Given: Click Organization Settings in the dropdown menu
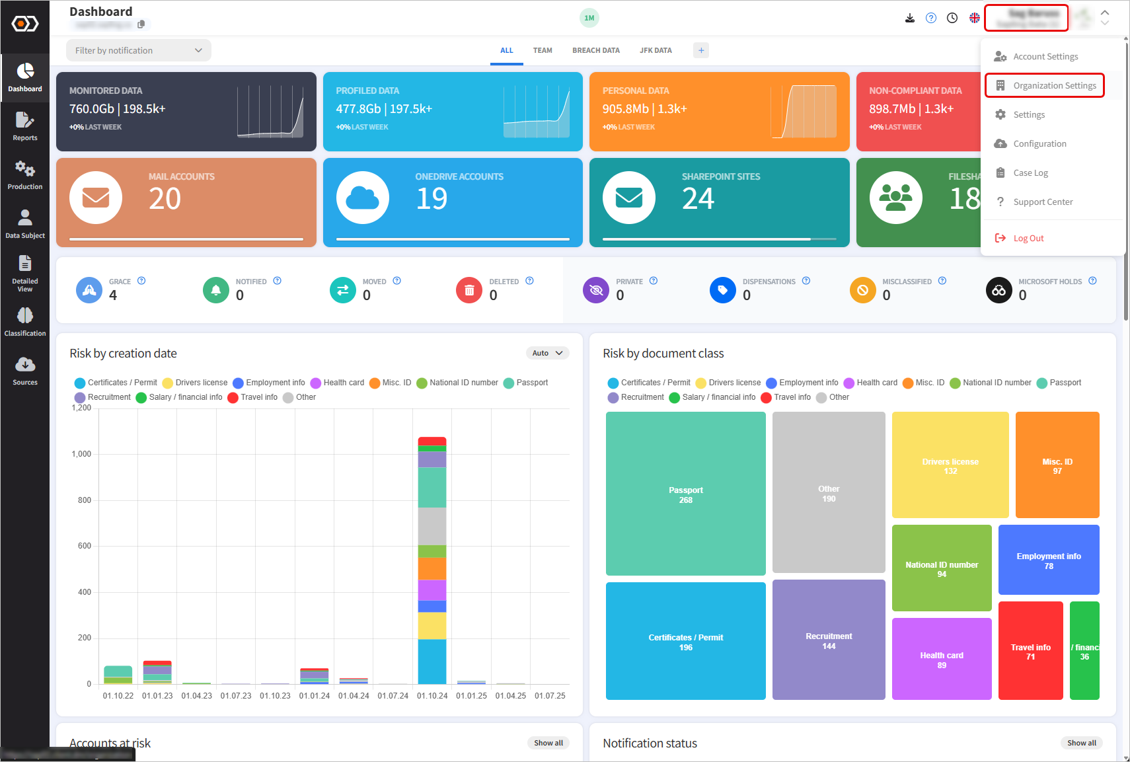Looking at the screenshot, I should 1054,86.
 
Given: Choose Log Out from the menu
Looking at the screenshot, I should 1028,239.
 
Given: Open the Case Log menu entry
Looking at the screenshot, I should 1030,173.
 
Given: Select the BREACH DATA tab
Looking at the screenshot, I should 595,50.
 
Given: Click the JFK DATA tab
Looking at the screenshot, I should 655,50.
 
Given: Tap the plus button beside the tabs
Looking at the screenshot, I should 700,50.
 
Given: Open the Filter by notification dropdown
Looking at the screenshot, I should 138,50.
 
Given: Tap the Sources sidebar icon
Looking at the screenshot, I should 25,371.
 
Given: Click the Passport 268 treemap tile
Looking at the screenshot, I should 685,494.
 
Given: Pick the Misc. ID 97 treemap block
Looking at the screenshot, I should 1057,465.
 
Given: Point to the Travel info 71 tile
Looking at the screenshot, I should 1030,651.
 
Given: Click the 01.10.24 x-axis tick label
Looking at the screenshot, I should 432,696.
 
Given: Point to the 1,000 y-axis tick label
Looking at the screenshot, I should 81,454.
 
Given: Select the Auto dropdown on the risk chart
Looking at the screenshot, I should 547,353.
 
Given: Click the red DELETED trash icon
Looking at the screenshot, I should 469,290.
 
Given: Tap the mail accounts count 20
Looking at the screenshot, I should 165,199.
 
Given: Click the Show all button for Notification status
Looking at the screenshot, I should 1081,743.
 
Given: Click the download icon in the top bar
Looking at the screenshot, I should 910,18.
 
